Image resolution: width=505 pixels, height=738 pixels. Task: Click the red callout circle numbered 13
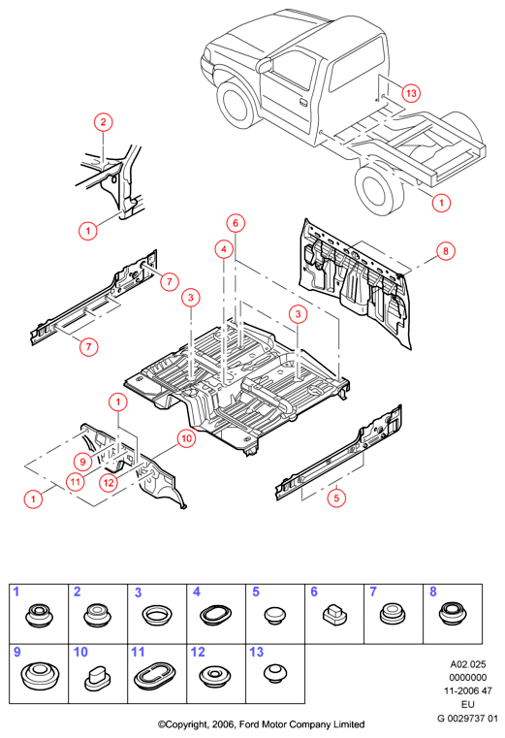click(411, 93)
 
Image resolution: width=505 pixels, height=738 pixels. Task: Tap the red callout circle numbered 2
click(103, 122)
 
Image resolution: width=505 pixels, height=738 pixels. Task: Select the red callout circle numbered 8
click(446, 251)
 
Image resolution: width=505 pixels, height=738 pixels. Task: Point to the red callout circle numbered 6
click(236, 223)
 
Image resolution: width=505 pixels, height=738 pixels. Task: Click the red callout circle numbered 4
click(224, 249)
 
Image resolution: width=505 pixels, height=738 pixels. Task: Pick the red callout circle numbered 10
click(187, 438)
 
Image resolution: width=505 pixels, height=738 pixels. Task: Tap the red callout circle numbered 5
click(336, 497)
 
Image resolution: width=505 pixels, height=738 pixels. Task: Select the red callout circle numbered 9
click(82, 462)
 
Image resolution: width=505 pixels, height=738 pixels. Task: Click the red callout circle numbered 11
click(76, 482)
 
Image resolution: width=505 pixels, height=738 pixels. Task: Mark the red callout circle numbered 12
click(109, 482)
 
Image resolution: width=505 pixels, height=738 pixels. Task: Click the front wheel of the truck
click(237, 105)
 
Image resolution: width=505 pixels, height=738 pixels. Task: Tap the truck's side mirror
click(265, 65)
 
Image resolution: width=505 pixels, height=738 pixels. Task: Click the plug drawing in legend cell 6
click(334, 614)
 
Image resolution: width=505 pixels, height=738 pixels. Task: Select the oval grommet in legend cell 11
click(154, 674)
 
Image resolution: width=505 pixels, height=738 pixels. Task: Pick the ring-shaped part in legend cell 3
click(157, 615)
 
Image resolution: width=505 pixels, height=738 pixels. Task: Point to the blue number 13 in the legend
click(257, 652)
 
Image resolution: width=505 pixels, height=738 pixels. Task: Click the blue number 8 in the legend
click(433, 592)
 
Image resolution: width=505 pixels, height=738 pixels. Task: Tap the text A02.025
click(468, 664)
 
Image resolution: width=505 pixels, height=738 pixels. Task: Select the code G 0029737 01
click(467, 719)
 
